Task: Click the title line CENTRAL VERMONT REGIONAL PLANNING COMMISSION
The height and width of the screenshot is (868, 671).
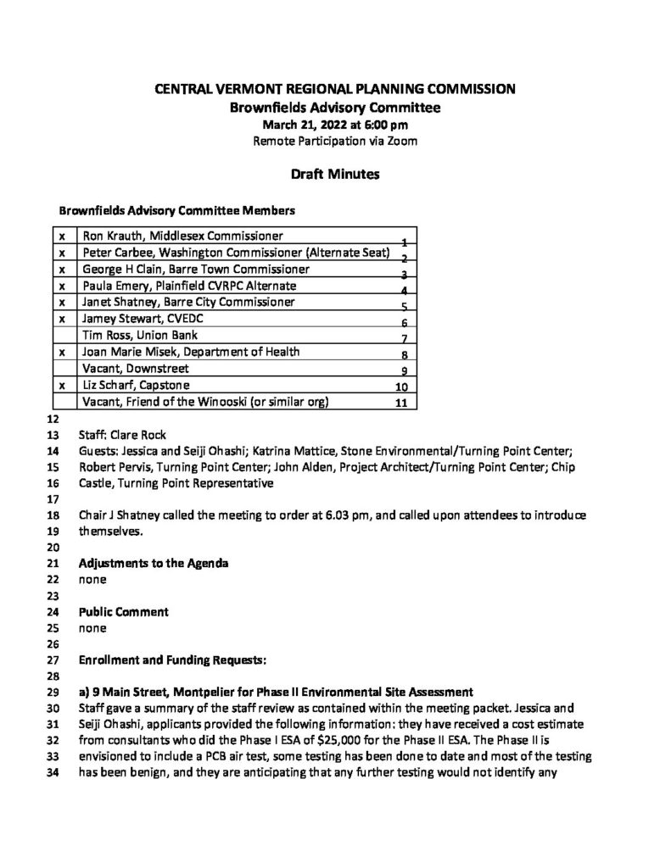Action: [335, 88]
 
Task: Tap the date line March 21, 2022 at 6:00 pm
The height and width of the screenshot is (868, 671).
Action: [335, 125]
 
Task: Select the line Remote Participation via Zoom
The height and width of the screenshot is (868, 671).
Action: [335, 141]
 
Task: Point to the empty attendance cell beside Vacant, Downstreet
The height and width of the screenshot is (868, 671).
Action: [63, 369]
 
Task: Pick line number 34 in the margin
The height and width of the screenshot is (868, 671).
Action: [53, 773]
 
